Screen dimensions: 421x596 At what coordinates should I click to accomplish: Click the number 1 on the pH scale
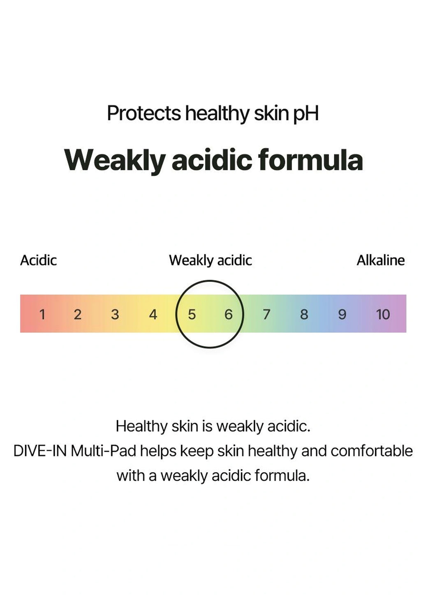[42, 314]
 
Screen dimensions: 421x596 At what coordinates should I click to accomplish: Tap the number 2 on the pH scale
[77, 314]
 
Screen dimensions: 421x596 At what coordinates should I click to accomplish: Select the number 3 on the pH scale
[115, 314]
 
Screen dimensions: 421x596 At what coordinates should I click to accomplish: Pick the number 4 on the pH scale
[153, 314]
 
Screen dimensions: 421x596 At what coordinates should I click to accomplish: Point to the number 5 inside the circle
[192, 314]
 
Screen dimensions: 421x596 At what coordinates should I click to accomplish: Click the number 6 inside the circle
[229, 314]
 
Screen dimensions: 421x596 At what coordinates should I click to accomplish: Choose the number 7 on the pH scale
[266, 314]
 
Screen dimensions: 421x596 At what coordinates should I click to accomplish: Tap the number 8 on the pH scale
[304, 314]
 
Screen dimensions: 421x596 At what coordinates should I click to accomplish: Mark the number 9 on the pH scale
[342, 314]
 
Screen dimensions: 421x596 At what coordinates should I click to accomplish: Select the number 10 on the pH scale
[383, 314]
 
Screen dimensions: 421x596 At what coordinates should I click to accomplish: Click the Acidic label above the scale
[38, 260]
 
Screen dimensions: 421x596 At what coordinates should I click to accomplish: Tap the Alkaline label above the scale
[381, 260]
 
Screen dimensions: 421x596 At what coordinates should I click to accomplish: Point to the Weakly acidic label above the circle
[210, 261]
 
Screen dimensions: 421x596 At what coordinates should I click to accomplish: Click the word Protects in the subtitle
[144, 113]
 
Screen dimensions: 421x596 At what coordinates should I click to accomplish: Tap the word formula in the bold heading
[311, 160]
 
